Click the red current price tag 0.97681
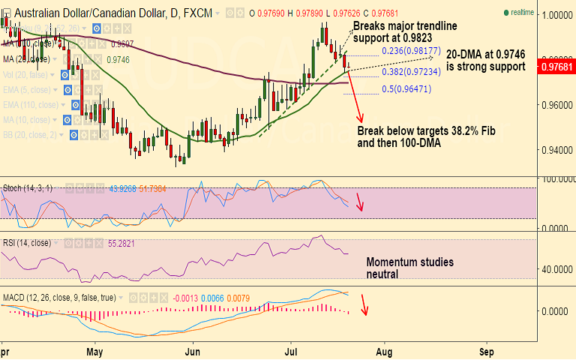tap(556, 67)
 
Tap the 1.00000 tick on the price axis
tap(556, 14)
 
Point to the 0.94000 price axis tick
tap(556, 150)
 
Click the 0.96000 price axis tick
tap(556, 105)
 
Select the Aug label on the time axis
tap(384, 350)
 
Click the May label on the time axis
tap(94, 350)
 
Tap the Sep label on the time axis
tap(486, 350)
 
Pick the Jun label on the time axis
tap(193, 350)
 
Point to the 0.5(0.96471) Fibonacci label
tap(406, 88)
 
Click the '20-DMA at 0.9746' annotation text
tap(485, 61)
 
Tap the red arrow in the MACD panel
tap(364, 304)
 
